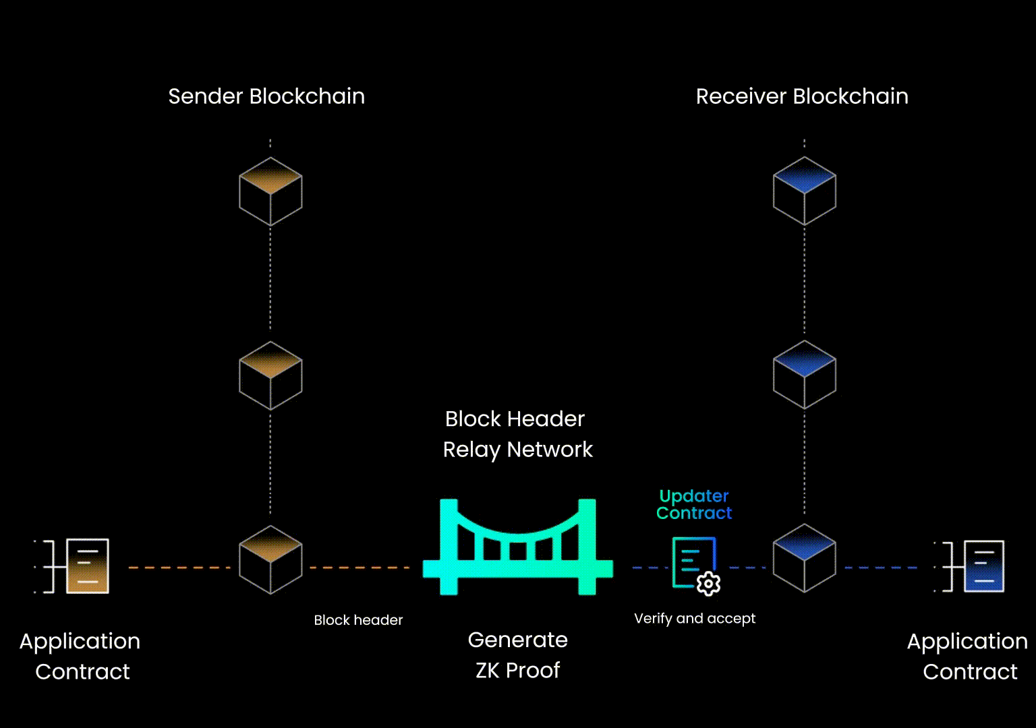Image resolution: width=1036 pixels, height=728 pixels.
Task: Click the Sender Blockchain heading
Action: [x=266, y=96]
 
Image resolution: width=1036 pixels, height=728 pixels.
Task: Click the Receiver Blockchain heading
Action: [x=802, y=96]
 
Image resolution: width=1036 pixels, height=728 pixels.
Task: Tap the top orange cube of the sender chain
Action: [x=270, y=191]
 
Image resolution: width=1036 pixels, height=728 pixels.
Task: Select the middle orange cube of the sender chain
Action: [x=270, y=375]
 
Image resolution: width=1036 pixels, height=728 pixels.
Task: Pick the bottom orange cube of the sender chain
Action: [x=270, y=559]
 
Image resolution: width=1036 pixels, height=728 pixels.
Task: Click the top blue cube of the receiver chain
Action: [x=805, y=191]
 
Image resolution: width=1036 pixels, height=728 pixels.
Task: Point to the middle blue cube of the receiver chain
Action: [x=805, y=375]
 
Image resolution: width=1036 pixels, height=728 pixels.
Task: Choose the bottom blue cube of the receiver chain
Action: [x=805, y=558]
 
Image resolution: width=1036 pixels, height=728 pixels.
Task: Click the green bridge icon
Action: [x=518, y=547]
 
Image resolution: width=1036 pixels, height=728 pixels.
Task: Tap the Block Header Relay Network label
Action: [x=517, y=434]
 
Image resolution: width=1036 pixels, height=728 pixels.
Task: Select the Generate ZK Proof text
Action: [x=518, y=655]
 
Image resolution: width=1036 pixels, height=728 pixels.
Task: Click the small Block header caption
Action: [x=358, y=620]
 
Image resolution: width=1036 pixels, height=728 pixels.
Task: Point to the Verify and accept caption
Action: [x=695, y=618]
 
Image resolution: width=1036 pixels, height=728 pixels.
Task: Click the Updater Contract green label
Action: [x=694, y=504]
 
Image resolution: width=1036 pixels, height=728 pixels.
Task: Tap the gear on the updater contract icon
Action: [x=708, y=583]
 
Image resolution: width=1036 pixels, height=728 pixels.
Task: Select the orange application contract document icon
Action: [x=87, y=566]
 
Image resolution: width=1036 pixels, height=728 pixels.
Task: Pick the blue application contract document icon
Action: [x=984, y=566]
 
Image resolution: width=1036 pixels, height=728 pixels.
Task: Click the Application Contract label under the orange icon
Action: [x=81, y=656]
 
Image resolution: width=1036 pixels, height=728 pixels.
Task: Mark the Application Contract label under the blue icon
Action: [x=968, y=656]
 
